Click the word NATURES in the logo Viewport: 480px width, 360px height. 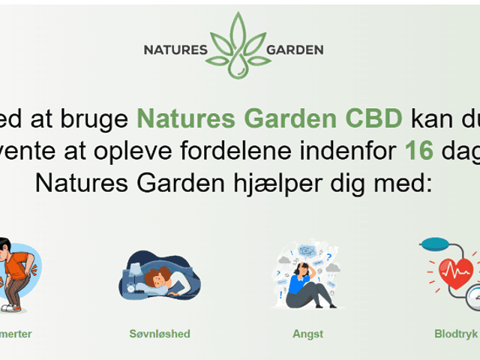coord(175,50)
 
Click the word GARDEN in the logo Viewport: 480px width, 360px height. coord(295,50)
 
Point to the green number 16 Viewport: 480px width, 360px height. coord(419,150)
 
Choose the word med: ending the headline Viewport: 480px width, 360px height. coord(397,181)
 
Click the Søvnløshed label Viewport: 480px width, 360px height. coord(160,334)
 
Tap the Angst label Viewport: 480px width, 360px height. coord(307,334)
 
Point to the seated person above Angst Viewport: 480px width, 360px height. coord(307,281)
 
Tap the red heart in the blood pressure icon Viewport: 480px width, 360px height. coord(455,273)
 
